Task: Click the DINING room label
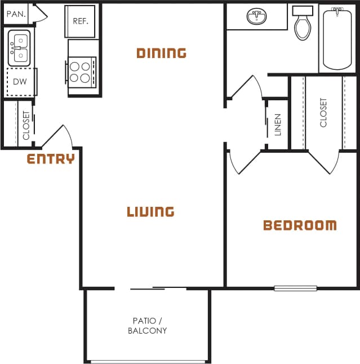point(161,53)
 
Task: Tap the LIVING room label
point(150,212)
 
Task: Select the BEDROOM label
point(300,225)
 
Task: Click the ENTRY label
point(51,159)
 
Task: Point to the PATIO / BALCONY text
point(147,326)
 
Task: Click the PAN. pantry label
point(16,13)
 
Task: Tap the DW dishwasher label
point(19,82)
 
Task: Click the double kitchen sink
point(20,48)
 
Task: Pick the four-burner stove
point(82,72)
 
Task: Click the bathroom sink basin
point(257,17)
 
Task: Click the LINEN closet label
point(278,125)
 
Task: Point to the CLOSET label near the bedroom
point(323,113)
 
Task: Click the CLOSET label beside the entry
point(26,125)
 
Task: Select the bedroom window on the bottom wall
point(295,288)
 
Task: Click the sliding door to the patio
point(151,288)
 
